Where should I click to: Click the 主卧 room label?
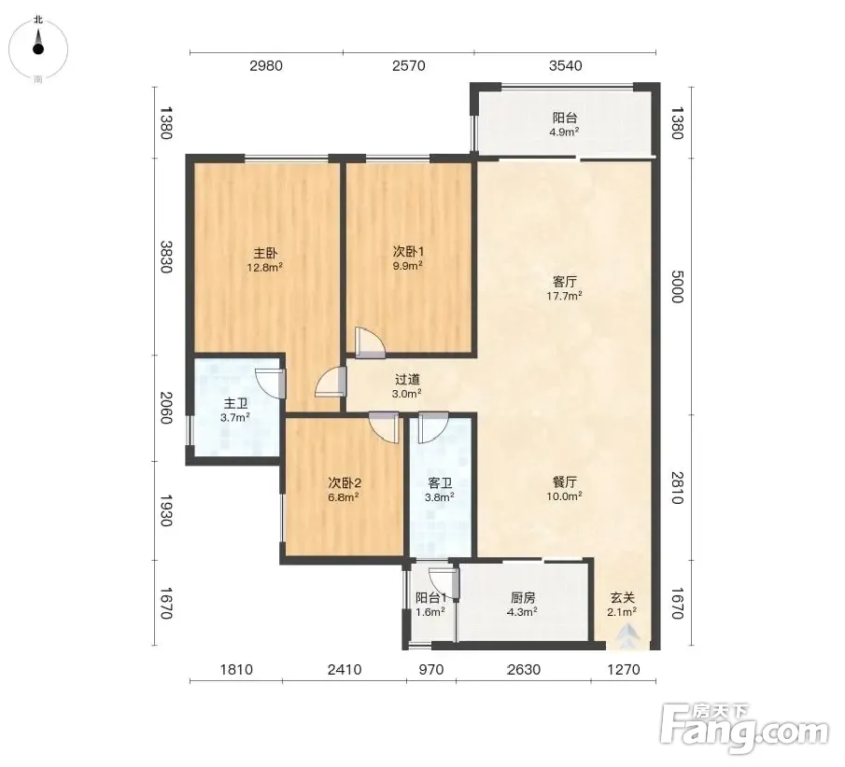pyautogui.click(x=265, y=253)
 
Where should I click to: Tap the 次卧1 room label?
pyautogui.click(x=408, y=252)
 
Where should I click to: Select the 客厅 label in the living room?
pyautogui.click(x=565, y=281)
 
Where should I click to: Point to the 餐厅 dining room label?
pyautogui.click(x=565, y=481)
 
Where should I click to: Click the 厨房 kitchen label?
pyautogui.click(x=523, y=597)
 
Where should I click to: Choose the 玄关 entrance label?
pyautogui.click(x=623, y=597)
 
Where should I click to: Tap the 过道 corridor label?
pyautogui.click(x=407, y=379)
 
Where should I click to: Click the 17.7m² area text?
pyautogui.click(x=564, y=296)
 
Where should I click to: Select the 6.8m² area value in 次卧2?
pyautogui.click(x=344, y=497)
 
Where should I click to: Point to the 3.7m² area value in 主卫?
pyautogui.click(x=235, y=417)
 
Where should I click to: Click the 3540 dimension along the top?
pyautogui.click(x=565, y=65)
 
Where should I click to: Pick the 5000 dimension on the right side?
pyautogui.click(x=678, y=286)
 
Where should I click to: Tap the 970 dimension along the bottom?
pyautogui.click(x=431, y=670)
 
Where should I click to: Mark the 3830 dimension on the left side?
pyautogui.click(x=166, y=257)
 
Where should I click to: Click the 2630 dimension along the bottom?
pyautogui.click(x=523, y=670)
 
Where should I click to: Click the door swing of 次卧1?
pyautogui.click(x=370, y=342)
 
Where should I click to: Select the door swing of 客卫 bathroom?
pyautogui.click(x=432, y=427)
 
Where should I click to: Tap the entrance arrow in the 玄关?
pyautogui.click(x=626, y=635)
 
